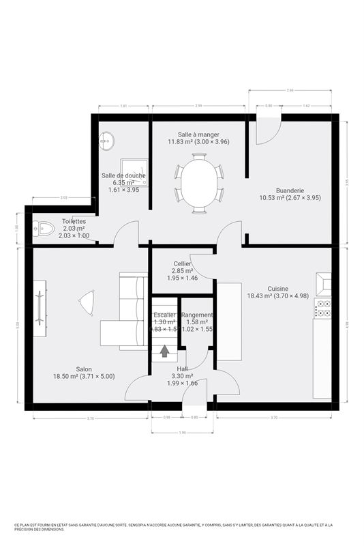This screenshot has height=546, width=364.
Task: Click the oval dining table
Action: point(198,183)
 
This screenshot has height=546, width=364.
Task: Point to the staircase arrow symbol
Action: point(165,351)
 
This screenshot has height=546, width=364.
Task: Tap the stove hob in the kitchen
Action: point(323,308)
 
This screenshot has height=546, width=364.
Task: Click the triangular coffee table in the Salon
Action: point(87,302)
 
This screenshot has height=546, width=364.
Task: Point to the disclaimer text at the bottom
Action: point(181,527)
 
